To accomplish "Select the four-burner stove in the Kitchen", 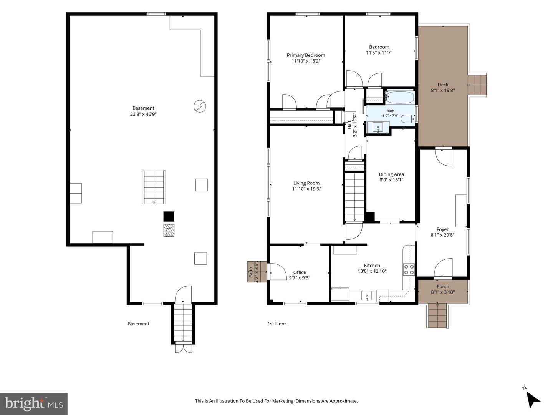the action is tap(409, 269).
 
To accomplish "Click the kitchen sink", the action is tap(367, 296).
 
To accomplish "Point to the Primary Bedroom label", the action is tap(306, 55).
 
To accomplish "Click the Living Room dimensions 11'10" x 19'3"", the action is tap(306, 189).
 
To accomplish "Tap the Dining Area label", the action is tap(391, 174).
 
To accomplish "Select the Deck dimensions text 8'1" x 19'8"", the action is tap(443, 90).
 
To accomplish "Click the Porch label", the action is tap(443, 287).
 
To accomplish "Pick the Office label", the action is tap(300, 272).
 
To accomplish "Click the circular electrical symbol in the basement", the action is tap(200, 106).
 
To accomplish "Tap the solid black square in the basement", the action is tap(169, 216).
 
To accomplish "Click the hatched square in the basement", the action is tap(169, 230).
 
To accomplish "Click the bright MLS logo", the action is tap(34, 403).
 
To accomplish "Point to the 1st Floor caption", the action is tap(276, 324).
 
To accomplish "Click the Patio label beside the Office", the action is tap(250, 272).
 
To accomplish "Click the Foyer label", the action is tap(442, 229).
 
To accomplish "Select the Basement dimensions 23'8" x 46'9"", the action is tap(143, 114).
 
